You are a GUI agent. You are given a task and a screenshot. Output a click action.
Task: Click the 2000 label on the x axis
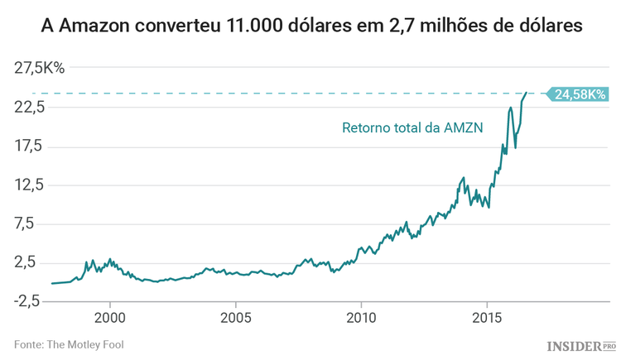[x=110, y=318]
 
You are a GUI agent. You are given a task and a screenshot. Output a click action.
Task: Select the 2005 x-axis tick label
[x=236, y=318]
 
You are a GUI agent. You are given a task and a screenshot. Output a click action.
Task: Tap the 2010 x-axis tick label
[x=361, y=318]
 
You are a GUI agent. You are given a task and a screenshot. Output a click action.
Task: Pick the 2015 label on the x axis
[x=487, y=318]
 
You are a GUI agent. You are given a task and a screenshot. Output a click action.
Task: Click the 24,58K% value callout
[x=579, y=94]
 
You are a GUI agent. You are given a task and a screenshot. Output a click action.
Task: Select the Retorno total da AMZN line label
[x=412, y=127]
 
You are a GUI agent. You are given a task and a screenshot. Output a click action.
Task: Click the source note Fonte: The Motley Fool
[x=69, y=343]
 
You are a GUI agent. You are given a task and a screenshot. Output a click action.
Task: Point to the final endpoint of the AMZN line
[x=527, y=94]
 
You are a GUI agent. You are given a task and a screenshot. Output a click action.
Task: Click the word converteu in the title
[x=178, y=26]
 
